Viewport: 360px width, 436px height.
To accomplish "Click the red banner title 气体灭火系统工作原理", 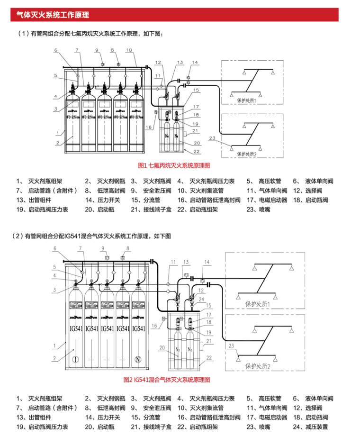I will (x=53, y=15).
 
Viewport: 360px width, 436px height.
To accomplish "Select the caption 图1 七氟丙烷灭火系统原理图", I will (x=173, y=165).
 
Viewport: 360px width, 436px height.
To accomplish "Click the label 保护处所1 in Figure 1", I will (x=246, y=100).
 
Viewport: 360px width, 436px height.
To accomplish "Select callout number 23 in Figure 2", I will (x=232, y=345).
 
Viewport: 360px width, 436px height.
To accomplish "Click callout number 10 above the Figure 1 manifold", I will (x=129, y=50).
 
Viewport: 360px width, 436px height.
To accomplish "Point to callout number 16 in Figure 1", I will (x=148, y=127).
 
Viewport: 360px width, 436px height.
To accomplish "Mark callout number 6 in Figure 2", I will (x=54, y=248).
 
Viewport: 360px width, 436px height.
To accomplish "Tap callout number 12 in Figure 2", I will (x=202, y=289).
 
